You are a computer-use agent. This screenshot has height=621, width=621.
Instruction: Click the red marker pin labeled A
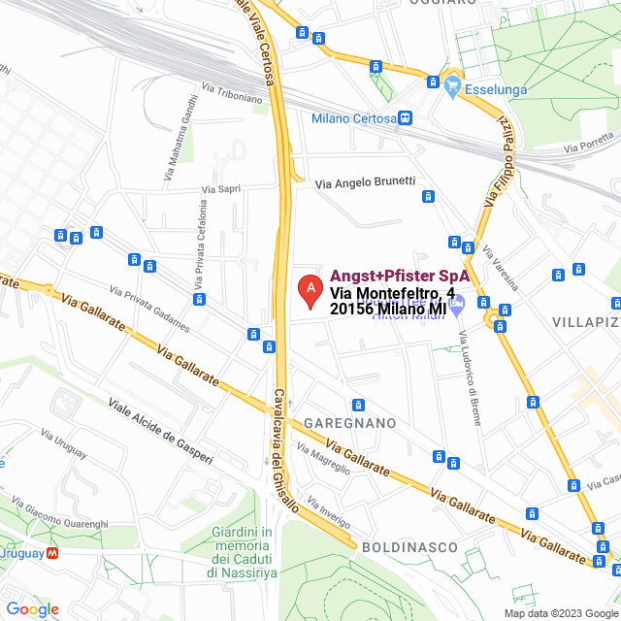point(310,290)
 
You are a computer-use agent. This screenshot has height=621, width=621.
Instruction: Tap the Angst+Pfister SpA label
point(400,277)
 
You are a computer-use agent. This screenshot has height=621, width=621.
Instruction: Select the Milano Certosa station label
point(353,118)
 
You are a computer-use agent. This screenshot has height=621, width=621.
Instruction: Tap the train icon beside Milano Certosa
point(405,118)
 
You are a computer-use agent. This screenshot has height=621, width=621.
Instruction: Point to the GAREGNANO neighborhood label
point(350,424)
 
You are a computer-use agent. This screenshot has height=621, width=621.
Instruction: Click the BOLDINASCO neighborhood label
point(409,547)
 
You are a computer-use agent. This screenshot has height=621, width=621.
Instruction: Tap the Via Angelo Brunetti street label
point(367,181)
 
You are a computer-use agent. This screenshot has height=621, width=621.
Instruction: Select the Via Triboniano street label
point(232,92)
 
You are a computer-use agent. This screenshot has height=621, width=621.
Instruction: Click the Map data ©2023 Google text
point(560,613)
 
